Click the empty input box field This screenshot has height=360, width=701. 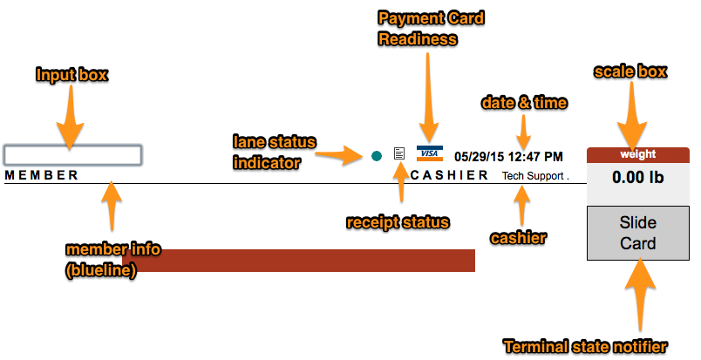pyautogui.click(x=72, y=155)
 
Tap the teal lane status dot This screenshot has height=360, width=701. pyautogui.click(x=376, y=155)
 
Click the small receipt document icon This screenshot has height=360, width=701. pyautogui.click(x=399, y=154)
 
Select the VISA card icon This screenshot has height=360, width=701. pyautogui.click(x=429, y=153)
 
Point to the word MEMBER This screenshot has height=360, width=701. pyautogui.click(x=41, y=175)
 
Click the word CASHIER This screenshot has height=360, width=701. pyautogui.click(x=449, y=175)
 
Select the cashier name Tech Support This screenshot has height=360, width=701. pyautogui.click(x=534, y=176)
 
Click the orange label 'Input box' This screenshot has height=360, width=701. pyautogui.click(x=71, y=75)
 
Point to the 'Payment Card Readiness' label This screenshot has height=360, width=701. pyautogui.click(x=430, y=28)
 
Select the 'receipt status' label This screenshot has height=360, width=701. pyautogui.click(x=398, y=222)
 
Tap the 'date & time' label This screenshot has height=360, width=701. pyautogui.click(x=524, y=103)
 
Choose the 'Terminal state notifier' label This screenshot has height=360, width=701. pyautogui.click(x=586, y=347)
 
